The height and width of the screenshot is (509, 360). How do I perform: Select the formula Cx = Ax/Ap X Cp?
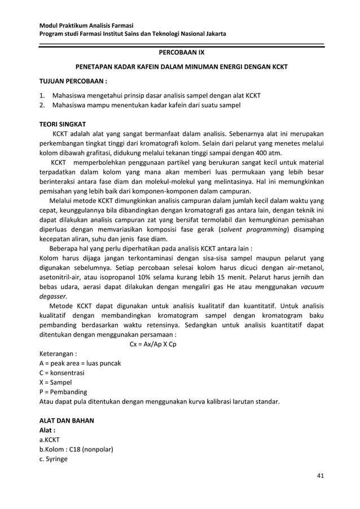[x=152, y=344]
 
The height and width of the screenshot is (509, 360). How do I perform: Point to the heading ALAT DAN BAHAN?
[x=66, y=420]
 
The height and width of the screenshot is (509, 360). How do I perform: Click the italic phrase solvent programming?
[x=255, y=230]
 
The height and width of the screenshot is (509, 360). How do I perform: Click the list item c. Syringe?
[x=53, y=459]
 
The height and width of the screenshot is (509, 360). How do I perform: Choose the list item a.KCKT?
[x=49, y=440]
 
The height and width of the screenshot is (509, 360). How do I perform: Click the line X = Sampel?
[x=55, y=383]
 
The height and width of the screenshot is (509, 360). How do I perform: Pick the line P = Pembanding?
[x=63, y=392]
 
